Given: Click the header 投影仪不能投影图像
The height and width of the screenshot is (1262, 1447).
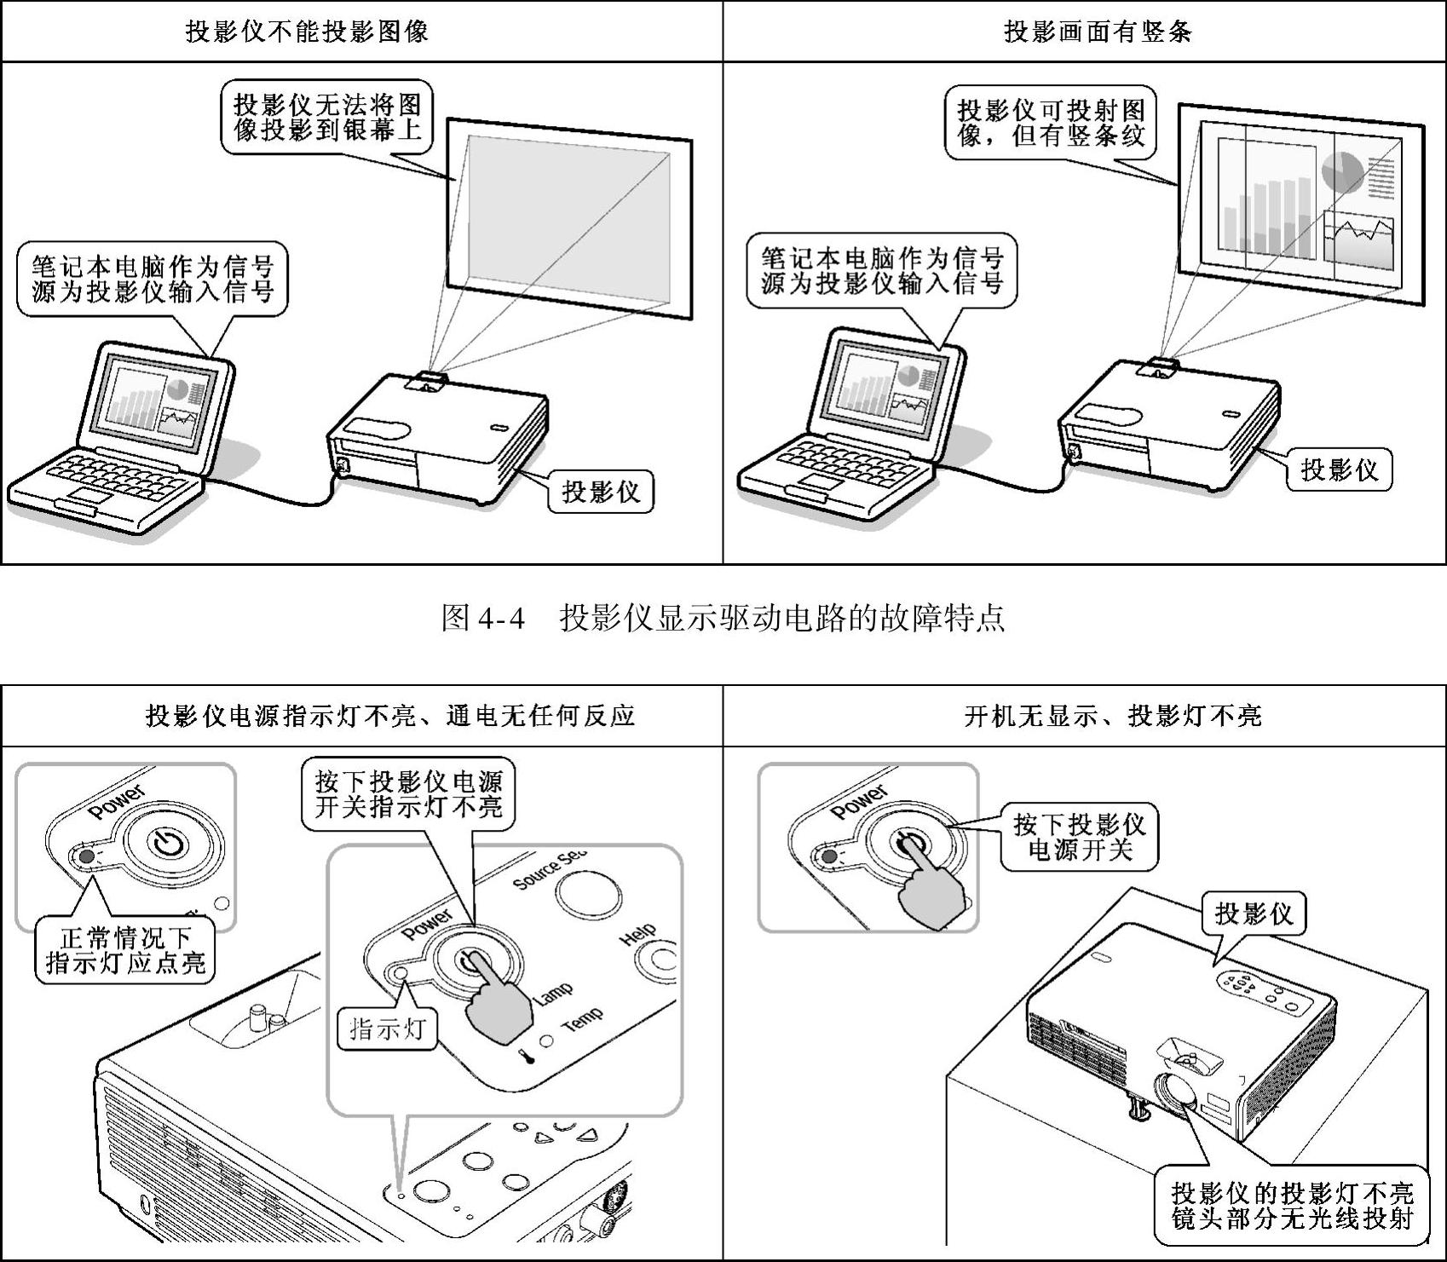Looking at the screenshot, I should click(x=307, y=32).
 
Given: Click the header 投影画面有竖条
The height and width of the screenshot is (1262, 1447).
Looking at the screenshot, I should click(x=1098, y=32).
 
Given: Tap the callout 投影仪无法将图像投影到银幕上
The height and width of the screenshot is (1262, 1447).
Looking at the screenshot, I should click(x=327, y=118).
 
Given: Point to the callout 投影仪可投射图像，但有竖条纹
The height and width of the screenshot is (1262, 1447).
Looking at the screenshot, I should click(x=1051, y=123).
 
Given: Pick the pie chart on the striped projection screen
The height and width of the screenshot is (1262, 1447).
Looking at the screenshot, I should click(x=1342, y=170).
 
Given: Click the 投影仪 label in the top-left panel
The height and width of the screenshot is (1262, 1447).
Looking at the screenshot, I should click(x=600, y=492).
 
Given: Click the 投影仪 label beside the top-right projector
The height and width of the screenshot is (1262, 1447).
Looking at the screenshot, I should click(x=1338, y=470).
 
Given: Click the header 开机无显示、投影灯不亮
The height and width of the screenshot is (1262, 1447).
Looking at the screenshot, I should click(x=1112, y=716).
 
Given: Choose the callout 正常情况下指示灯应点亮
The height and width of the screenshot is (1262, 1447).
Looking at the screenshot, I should click(x=125, y=951).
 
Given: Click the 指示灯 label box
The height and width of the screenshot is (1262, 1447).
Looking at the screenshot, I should click(x=387, y=1029).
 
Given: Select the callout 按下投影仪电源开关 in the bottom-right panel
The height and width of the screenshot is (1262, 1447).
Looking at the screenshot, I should click(x=1079, y=837).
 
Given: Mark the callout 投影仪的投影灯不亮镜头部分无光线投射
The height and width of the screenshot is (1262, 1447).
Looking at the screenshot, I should click(x=1292, y=1205).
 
